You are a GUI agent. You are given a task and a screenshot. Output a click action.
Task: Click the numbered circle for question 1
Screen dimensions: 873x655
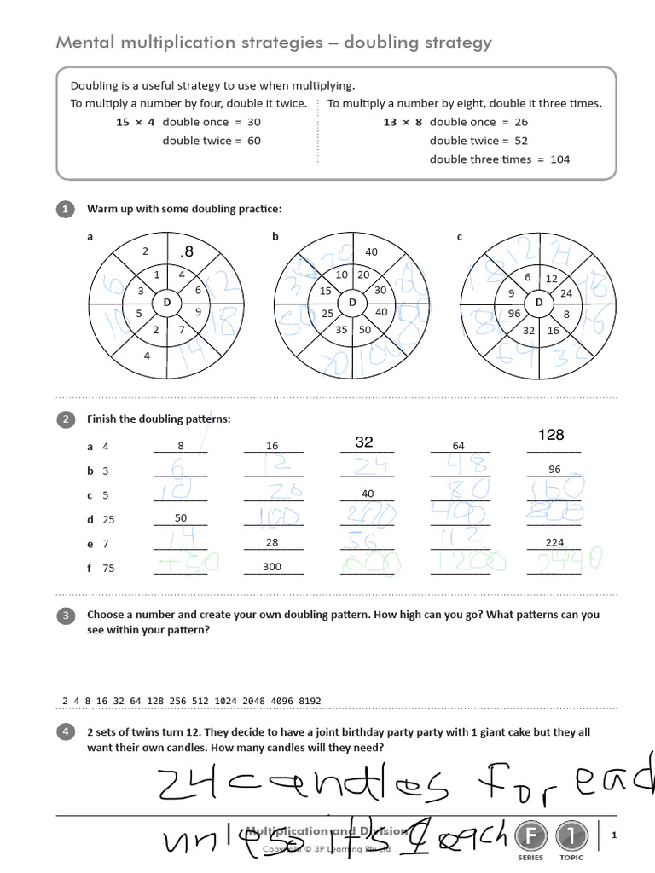coord(64,209)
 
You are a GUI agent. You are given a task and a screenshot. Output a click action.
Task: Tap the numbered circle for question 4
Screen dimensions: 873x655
coord(64,732)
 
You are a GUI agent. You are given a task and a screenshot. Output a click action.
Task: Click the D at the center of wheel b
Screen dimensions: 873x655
coord(352,303)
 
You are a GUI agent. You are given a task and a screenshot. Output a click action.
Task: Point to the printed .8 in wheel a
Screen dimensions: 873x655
coord(187,251)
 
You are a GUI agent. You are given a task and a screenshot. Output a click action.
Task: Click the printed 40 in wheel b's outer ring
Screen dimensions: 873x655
coord(371,251)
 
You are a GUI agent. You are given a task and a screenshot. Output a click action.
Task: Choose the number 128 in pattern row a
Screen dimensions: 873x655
coord(552,435)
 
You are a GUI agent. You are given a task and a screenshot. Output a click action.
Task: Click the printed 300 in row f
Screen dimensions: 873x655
coord(273,566)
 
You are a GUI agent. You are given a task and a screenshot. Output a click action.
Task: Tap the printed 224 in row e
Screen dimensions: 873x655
coord(554,542)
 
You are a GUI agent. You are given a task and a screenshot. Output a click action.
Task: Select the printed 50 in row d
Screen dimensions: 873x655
coord(180,518)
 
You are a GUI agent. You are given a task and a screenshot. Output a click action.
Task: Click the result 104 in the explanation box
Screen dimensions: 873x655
coord(559,159)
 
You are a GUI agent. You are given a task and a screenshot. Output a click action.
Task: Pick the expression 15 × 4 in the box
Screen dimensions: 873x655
coord(136,122)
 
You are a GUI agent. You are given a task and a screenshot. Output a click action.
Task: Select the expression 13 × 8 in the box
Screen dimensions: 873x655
coord(403,122)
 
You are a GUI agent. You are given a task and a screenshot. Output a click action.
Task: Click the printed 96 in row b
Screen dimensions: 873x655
coord(554,470)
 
